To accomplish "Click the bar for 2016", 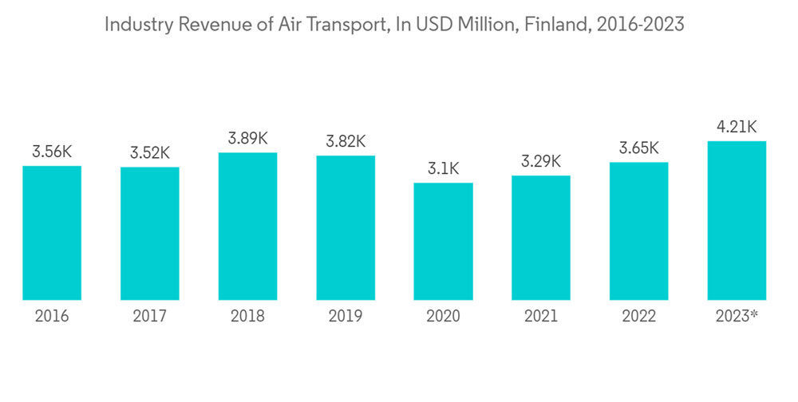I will point(52,233).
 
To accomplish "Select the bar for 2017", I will point(150,234).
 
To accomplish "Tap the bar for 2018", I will point(247,227).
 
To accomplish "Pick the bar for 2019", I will point(346,228).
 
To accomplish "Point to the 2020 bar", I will point(443,242).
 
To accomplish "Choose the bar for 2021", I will point(541,238).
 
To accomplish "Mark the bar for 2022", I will point(638,231).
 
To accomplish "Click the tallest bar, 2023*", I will point(737,221).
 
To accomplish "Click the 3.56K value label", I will point(52,152).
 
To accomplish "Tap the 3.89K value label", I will point(247,138).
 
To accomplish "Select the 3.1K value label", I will point(443,168).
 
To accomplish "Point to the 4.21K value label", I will point(737,127).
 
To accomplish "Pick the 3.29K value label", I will point(541,161).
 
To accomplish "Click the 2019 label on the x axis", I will point(346,317).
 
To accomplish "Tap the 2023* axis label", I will point(737,317).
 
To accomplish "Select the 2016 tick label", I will point(52,317).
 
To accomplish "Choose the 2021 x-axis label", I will point(541,317).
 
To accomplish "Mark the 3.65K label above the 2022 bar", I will point(638,148).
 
